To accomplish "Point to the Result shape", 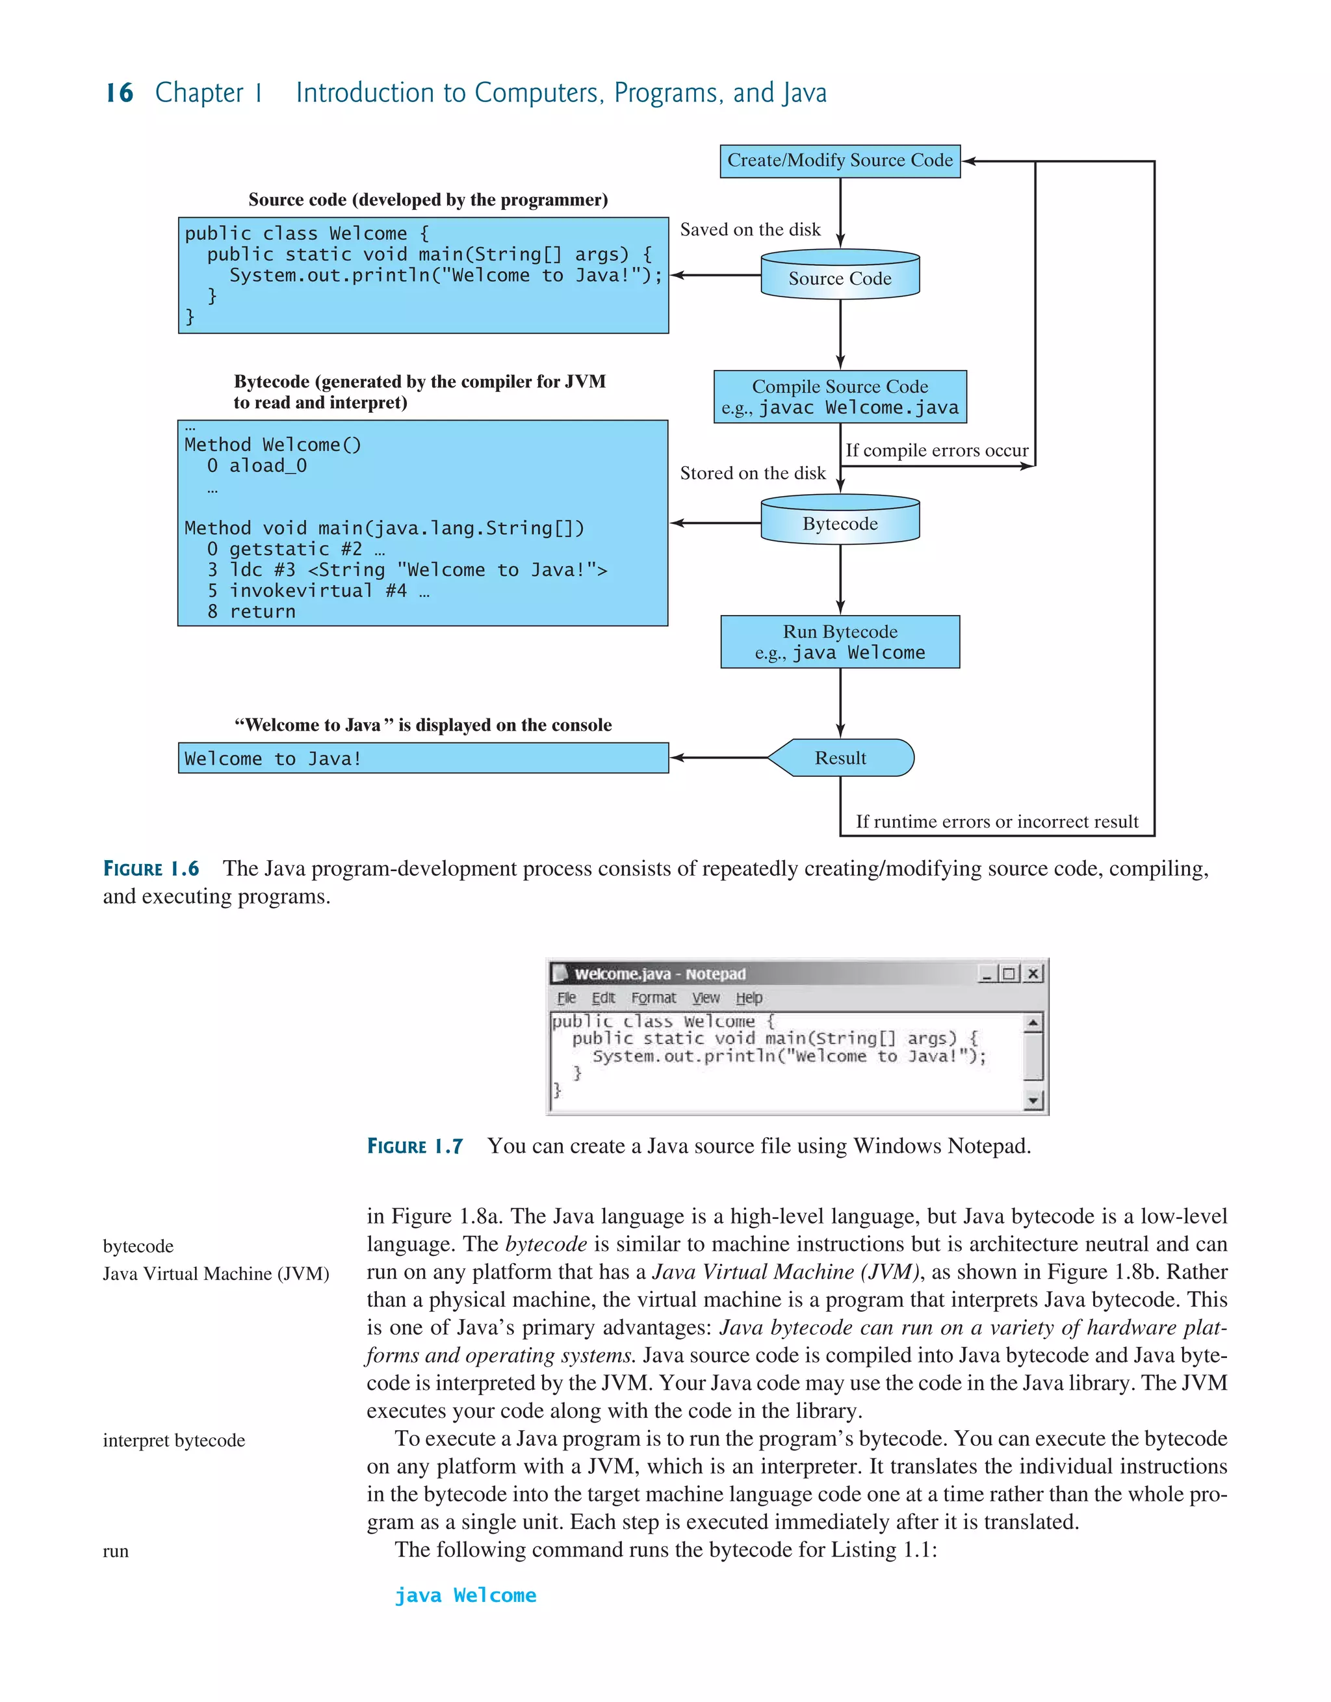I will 840,757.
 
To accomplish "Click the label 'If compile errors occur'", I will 937,451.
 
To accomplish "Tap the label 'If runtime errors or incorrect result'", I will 997,821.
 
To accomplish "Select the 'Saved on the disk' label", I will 749,229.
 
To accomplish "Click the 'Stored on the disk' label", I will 752,473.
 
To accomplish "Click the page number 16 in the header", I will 119,93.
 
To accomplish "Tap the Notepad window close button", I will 1033,973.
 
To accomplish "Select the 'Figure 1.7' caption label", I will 415,1146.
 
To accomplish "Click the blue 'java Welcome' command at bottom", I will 465,1595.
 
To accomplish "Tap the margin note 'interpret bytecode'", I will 174,1440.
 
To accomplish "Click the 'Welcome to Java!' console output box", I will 423,758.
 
